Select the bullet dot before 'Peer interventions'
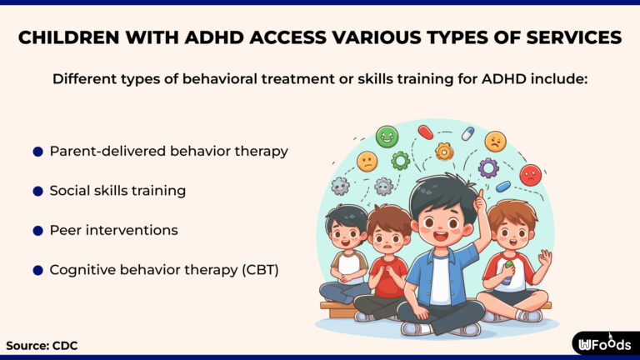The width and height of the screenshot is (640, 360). pos(37,230)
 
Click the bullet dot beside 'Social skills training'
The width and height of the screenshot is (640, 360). pos(37,191)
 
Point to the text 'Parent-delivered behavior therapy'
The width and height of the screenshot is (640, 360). pos(168,151)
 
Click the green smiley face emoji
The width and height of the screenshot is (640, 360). pos(387,137)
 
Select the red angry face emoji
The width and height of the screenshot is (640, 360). pos(530,174)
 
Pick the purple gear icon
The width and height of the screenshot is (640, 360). pos(488,167)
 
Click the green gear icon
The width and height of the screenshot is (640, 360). pos(401,160)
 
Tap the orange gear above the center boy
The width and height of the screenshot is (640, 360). pos(444,151)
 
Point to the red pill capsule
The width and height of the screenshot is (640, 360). pos(425,132)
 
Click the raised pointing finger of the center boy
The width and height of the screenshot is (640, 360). pos(480,197)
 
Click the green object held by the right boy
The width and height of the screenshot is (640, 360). pos(509,267)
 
